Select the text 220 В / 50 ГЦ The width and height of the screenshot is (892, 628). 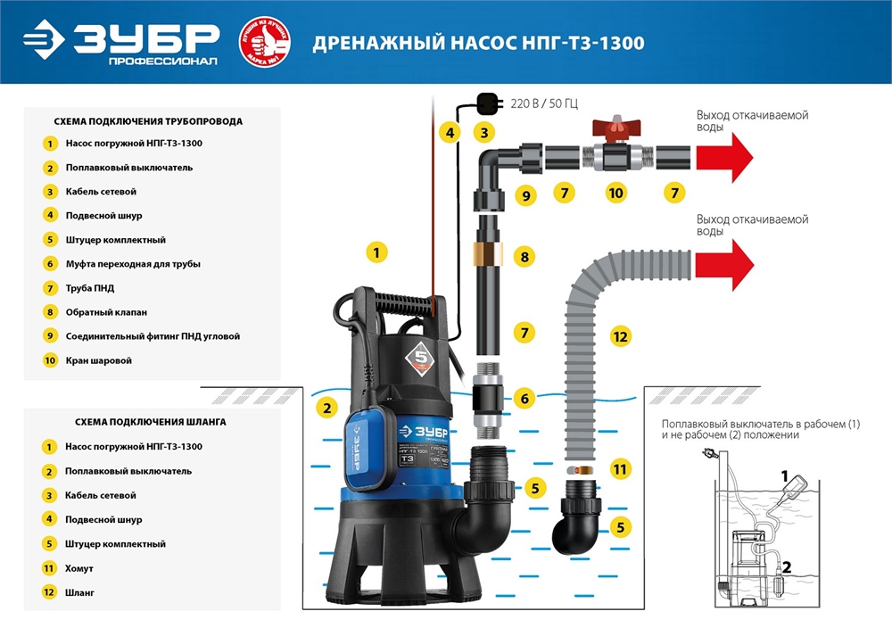click(x=543, y=103)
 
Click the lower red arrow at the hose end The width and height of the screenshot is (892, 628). click(x=723, y=265)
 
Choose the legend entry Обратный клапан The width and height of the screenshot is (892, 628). click(x=106, y=312)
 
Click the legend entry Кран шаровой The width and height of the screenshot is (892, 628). click(x=98, y=360)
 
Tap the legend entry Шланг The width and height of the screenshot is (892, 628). click(x=79, y=591)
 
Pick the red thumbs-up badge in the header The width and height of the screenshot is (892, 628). click(x=264, y=42)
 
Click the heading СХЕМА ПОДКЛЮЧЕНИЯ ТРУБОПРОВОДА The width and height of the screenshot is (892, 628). click(x=148, y=120)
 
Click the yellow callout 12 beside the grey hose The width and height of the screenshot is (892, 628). click(x=621, y=336)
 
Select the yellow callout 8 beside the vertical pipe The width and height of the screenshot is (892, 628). click(x=524, y=257)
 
